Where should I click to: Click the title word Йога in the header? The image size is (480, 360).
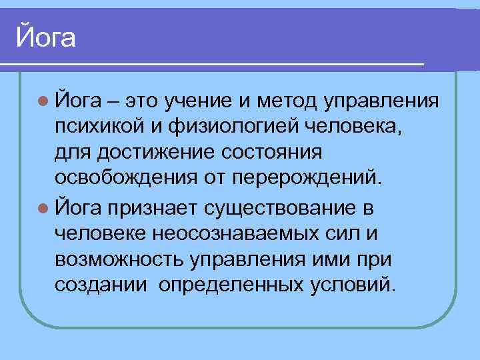coord(46,36)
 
